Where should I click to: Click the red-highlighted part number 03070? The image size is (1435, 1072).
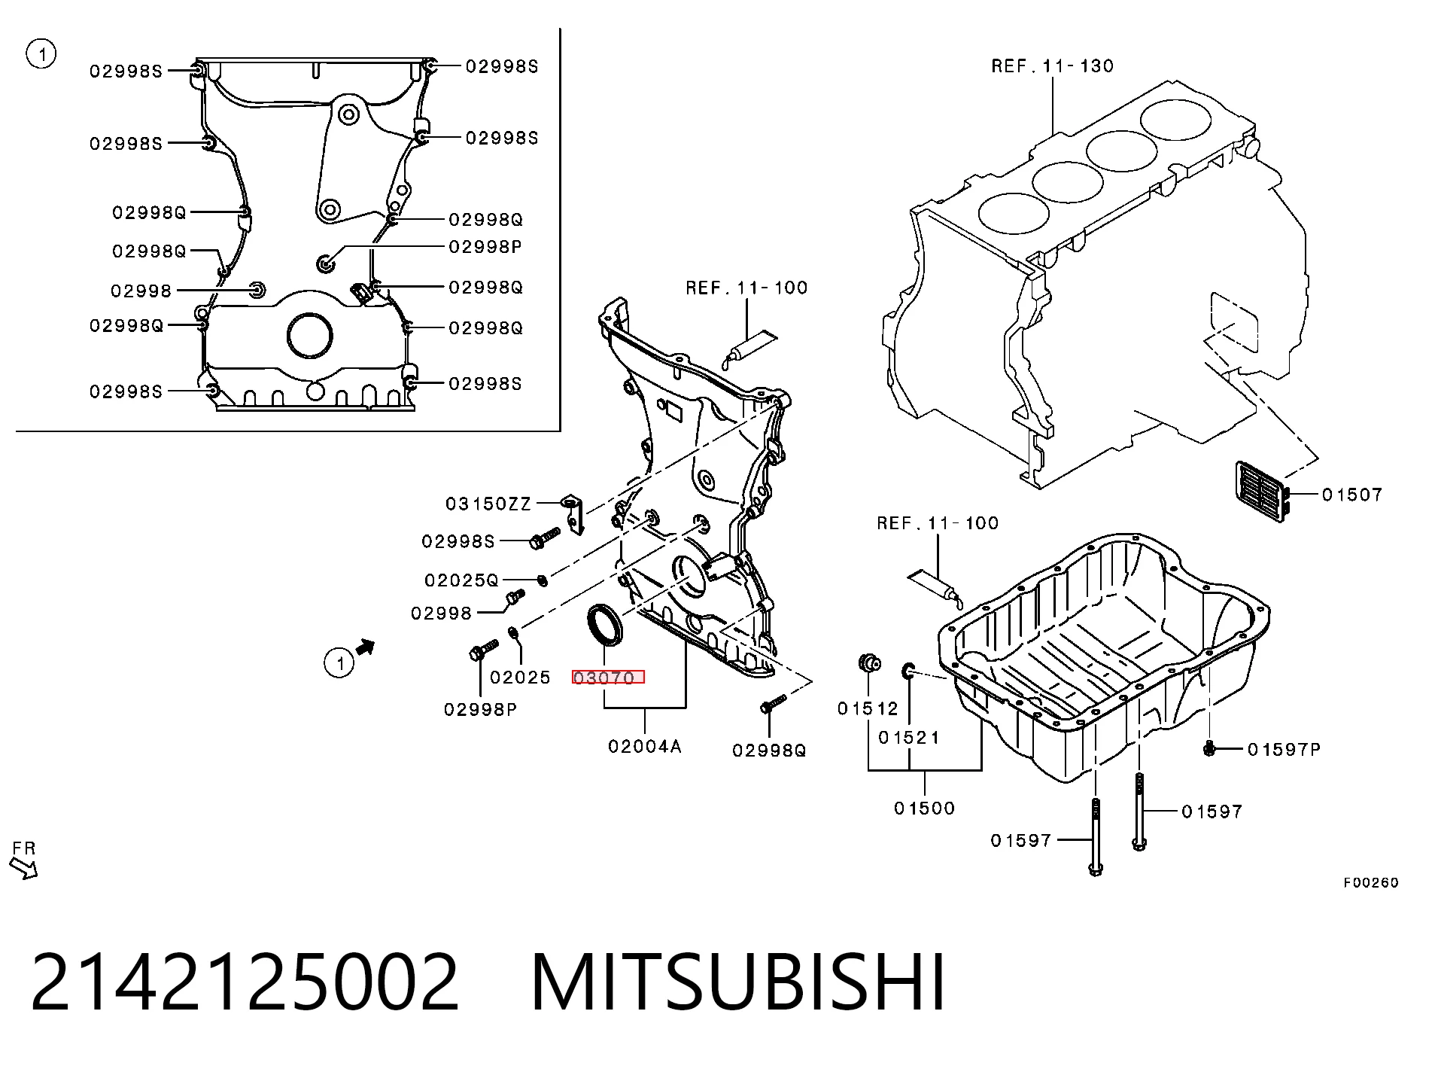pyautogui.click(x=608, y=677)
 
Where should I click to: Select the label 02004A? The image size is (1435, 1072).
pyautogui.click(x=645, y=746)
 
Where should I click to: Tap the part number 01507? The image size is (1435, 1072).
pyautogui.click(x=1352, y=495)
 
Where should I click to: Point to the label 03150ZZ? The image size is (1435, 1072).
pyautogui.click(x=488, y=504)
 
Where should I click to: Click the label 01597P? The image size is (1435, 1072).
pyautogui.click(x=1284, y=749)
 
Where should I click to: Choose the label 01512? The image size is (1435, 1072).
pyautogui.click(x=868, y=708)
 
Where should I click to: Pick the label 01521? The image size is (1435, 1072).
pyautogui.click(x=909, y=737)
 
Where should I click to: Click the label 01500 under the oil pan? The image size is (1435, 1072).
pyautogui.click(x=924, y=808)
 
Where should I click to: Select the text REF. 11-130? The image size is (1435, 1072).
pyautogui.click(x=1052, y=66)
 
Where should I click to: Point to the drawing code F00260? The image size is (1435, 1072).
pyautogui.click(x=1371, y=882)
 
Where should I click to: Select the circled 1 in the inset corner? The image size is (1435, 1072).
pyautogui.click(x=41, y=54)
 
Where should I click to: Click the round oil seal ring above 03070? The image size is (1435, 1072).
pyautogui.click(x=604, y=624)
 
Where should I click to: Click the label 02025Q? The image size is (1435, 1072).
pyautogui.click(x=461, y=580)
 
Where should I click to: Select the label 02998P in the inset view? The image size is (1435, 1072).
pyautogui.click(x=485, y=247)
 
